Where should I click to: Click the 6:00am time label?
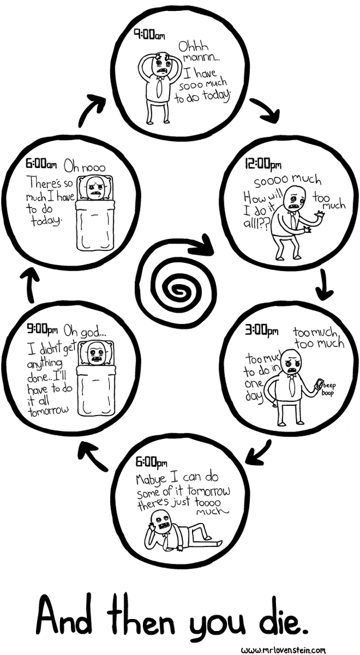(x=41, y=165)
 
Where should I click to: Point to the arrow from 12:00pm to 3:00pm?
(x=324, y=284)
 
